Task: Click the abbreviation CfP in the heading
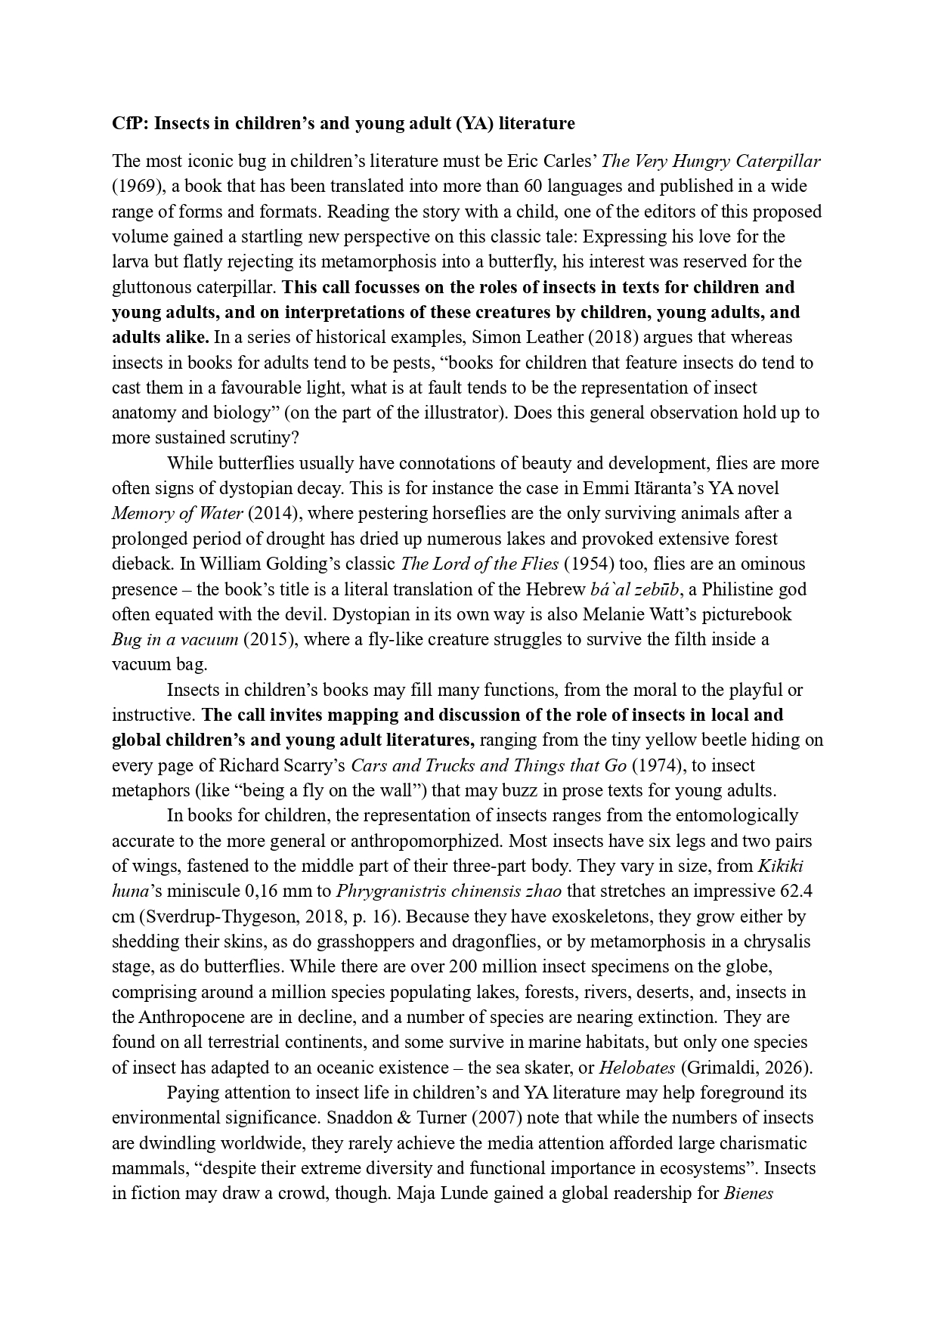[x=128, y=123]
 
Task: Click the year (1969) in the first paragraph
[x=135, y=186]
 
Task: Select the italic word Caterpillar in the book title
[x=779, y=161]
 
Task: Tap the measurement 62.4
[x=797, y=892]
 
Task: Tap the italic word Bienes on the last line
[x=748, y=1194]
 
